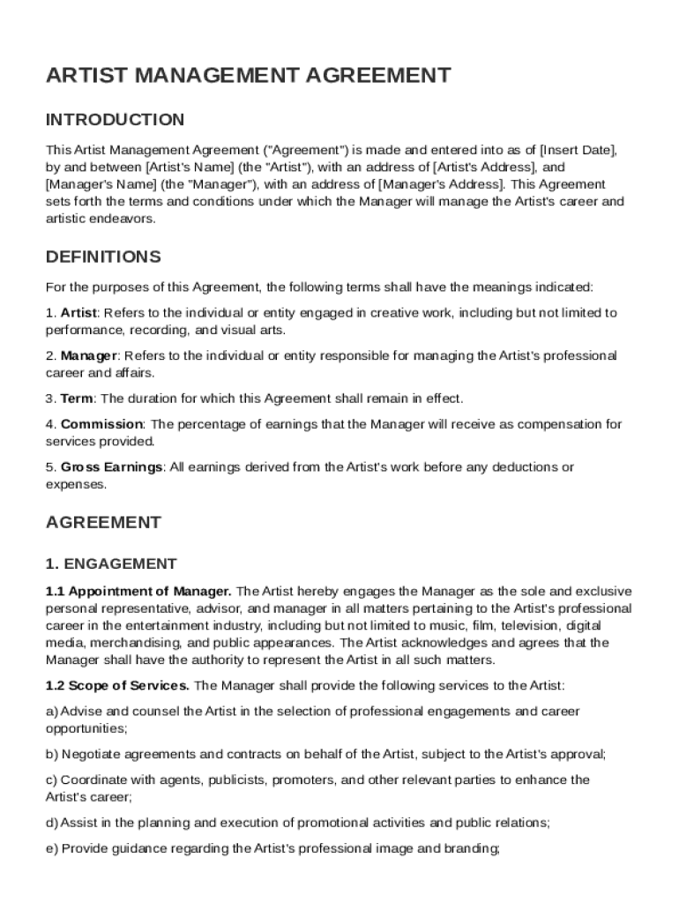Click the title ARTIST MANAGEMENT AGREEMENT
[x=248, y=76]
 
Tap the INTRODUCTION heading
[x=115, y=120]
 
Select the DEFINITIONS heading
[x=103, y=257]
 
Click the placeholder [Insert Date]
[x=577, y=150]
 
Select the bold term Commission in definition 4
[x=101, y=424]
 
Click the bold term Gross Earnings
[x=112, y=466]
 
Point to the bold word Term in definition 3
[x=77, y=399]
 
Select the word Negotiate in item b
[x=91, y=754]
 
